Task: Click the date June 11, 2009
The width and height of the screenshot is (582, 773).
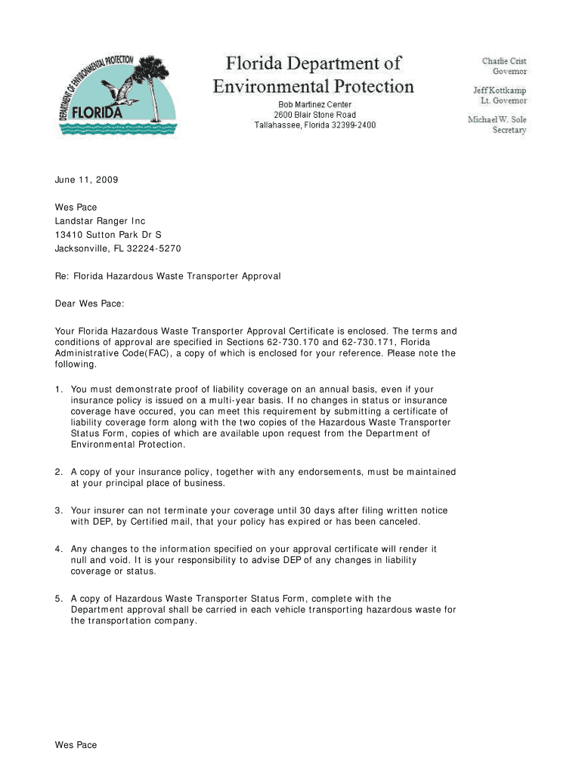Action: coord(86,180)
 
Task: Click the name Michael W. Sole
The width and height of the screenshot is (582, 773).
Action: coord(497,119)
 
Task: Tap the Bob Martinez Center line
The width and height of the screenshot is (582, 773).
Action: coord(314,104)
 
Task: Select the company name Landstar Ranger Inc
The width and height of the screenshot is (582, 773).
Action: coord(100,221)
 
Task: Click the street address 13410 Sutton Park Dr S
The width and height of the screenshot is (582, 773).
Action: coord(108,235)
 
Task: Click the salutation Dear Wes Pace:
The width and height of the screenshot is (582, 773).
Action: coord(88,303)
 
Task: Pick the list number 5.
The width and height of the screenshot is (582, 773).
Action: coord(57,599)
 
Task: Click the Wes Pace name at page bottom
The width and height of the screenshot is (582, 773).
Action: coord(76,745)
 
